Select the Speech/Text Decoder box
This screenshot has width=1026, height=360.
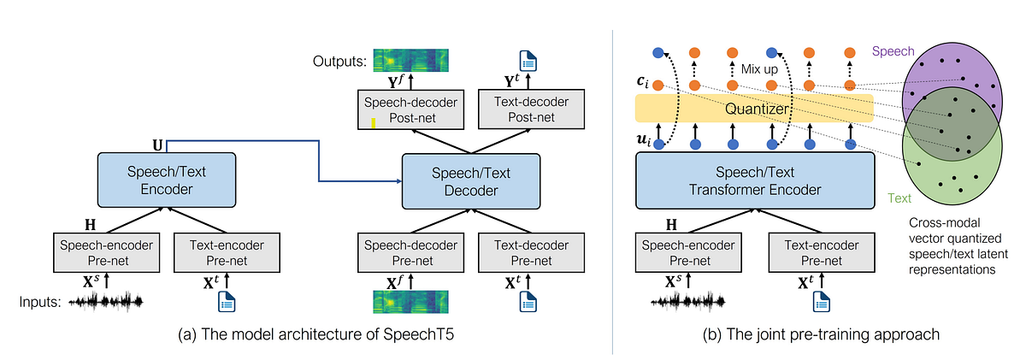471,181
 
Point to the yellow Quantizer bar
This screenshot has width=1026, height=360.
753,109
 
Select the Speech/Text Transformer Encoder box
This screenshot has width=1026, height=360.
753,181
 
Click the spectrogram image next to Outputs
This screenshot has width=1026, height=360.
410,61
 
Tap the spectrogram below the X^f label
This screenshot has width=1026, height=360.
410,301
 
